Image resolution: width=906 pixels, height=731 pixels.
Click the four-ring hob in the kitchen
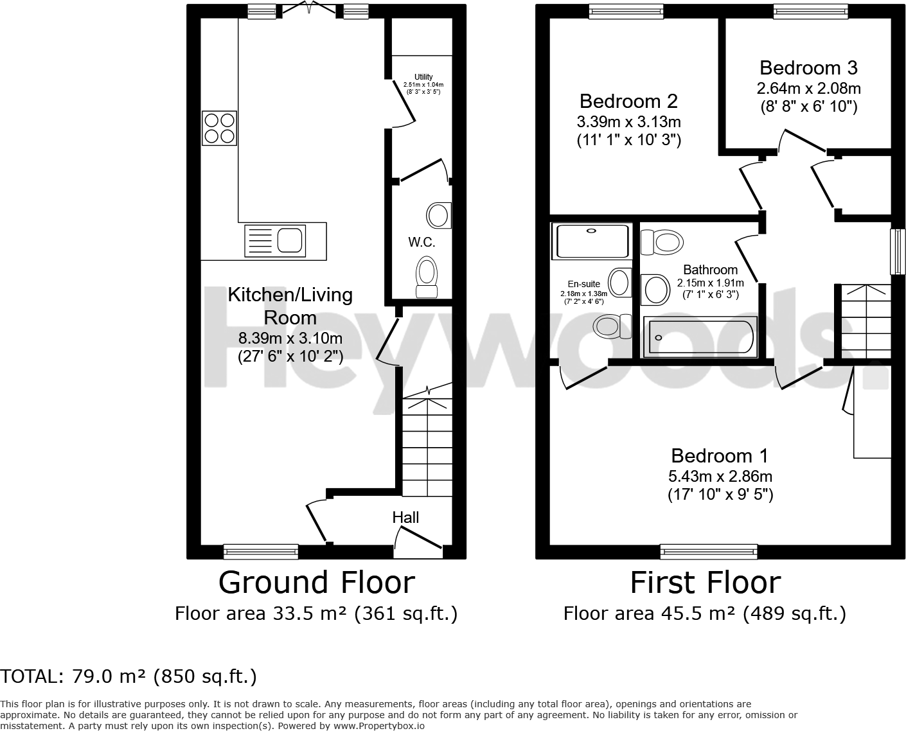(x=219, y=128)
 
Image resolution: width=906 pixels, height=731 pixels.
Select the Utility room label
(x=423, y=77)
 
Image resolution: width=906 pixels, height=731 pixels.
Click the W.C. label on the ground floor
(x=422, y=242)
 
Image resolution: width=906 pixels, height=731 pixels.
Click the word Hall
(x=405, y=518)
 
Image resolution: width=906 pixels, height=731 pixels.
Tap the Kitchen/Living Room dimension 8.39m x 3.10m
(x=290, y=338)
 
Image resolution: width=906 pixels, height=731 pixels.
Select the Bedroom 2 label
(x=628, y=101)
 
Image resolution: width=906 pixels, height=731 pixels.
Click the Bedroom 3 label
(x=808, y=67)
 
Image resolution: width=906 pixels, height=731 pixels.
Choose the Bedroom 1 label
(x=720, y=455)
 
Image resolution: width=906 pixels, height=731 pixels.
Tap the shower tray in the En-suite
(x=591, y=241)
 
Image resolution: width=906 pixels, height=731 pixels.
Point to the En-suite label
(x=584, y=284)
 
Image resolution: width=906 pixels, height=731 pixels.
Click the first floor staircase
(x=866, y=321)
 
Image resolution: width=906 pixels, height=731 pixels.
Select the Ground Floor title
(x=316, y=583)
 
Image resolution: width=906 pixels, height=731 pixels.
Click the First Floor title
(x=705, y=583)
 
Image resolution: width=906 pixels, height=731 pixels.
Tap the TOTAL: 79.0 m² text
(x=129, y=676)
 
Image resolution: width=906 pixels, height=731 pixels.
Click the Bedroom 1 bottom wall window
(x=709, y=550)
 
